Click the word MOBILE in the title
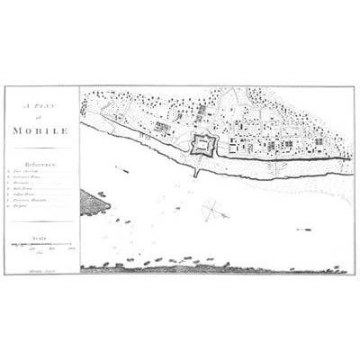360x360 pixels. pyautogui.click(x=41, y=130)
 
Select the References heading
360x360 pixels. pyautogui.click(x=41, y=166)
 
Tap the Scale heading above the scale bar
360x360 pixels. pyautogui.click(x=41, y=237)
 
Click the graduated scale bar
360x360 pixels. pyautogui.click(x=41, y=244)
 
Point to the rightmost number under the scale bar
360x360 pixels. pyautogui.click(x=71, y=249)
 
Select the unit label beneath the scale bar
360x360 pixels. pyautogui.click(x=41, y=255)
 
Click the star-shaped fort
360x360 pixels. pyautogui.click(x=203, y=144)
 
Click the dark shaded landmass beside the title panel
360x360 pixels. pyautogui.click(x=93, y=202)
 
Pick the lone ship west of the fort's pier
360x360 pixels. pyautogui.click(x=123, y=169)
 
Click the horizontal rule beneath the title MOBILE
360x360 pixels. pyautogui.click(x=41, y=148)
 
